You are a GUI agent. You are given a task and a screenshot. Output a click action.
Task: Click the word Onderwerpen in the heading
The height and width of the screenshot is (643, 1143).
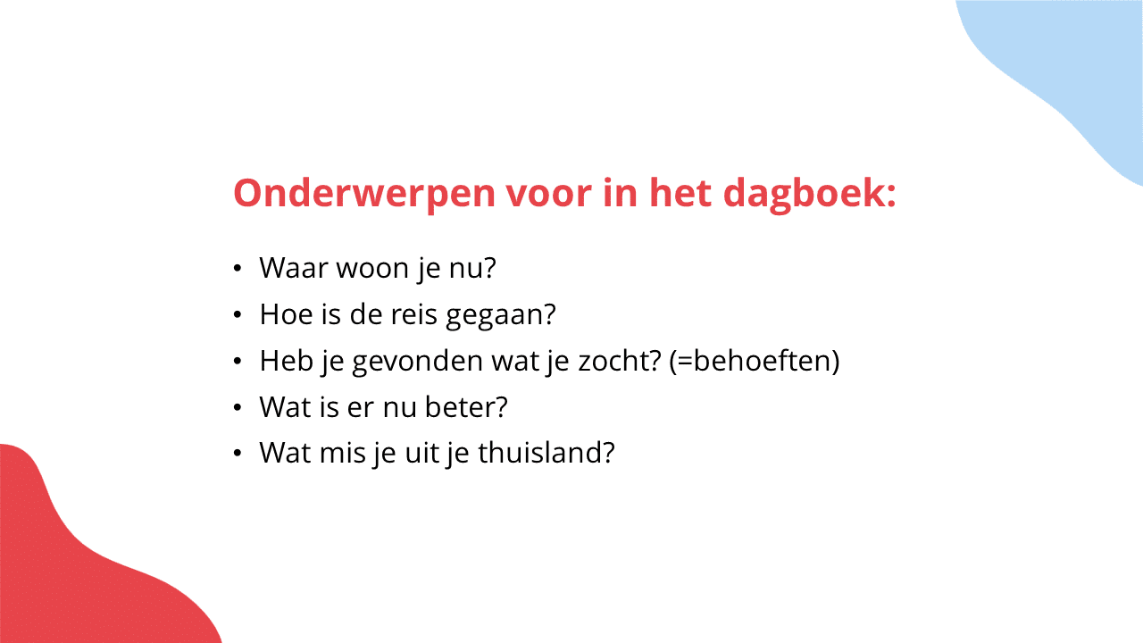[364, 194]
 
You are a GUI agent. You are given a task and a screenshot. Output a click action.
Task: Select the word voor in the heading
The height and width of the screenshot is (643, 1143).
[548, 194]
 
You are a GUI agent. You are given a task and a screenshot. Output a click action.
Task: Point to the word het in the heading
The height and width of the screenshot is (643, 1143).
[680, 193]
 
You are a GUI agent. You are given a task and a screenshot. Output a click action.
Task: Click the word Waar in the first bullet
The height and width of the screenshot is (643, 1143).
[294, 267]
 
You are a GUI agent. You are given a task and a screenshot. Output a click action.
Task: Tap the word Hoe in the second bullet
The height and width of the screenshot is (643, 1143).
[286, 313]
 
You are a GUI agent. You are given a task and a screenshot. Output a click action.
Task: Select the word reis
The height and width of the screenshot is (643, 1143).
[413, 313]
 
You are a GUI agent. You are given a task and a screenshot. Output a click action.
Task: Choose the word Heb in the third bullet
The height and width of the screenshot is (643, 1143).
[286, 360]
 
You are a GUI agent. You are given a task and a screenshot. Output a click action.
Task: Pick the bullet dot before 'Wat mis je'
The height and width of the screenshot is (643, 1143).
[237, 453]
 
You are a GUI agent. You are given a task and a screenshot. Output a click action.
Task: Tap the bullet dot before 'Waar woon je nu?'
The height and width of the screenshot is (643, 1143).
[237, 269]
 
